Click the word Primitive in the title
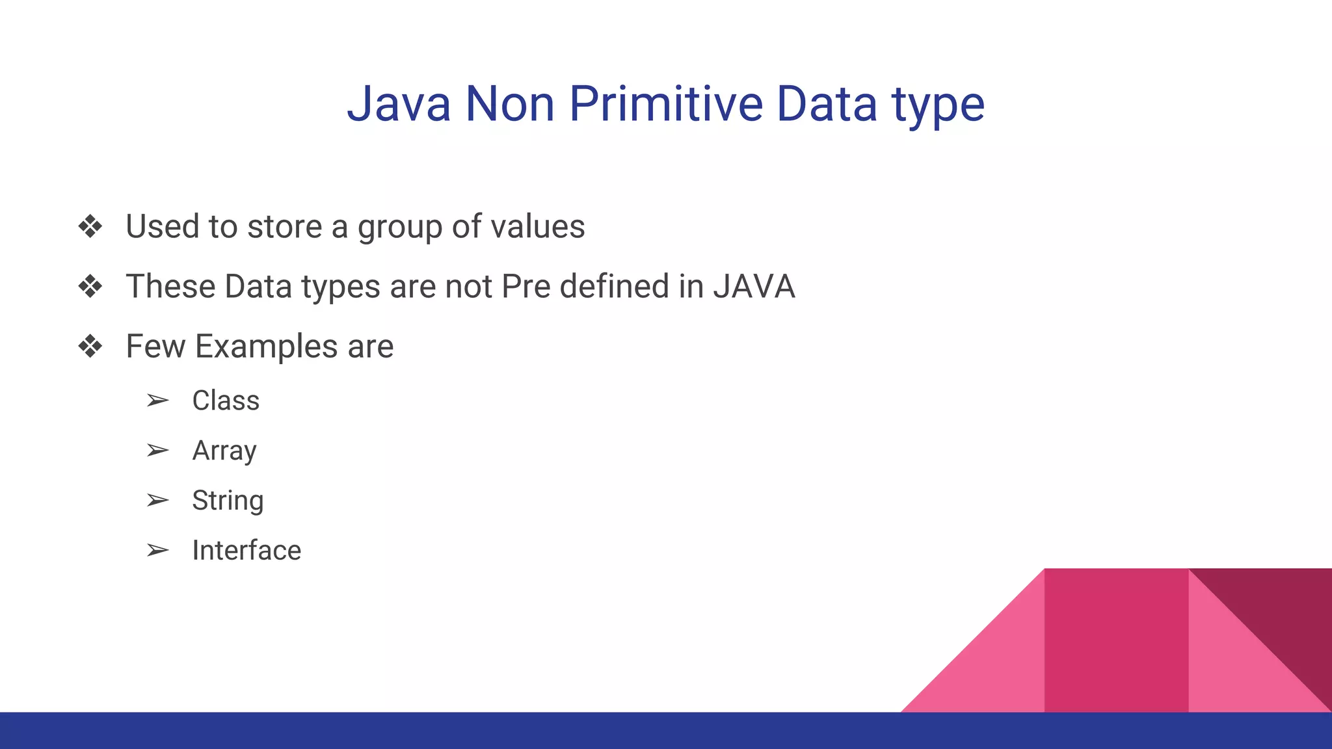click(665, 104)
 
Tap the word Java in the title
click(399, 104)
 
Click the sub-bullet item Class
click(226, 401)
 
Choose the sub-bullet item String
click(228, 501)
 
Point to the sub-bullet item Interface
click(246, 551)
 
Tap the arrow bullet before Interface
click(157, 551)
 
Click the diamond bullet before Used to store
click(90, 227)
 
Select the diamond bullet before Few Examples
click(90, 347)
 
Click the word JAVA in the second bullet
click(754, 287)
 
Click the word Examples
click(266, 347)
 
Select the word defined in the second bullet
click(614, 287)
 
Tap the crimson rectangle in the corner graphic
click(1116, 640)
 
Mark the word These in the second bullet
click(170, 287)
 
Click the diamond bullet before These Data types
click(90, 287)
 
